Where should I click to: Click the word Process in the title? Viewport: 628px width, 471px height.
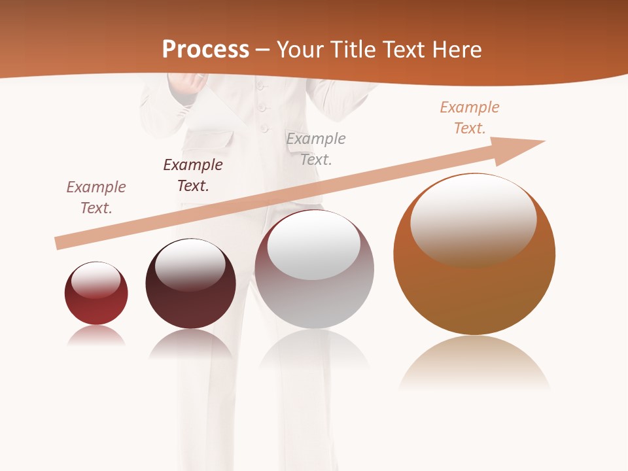(x=205, y=49)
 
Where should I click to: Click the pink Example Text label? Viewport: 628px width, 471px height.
(x=96, y=198)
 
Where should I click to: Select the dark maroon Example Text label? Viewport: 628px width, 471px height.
(x=193, y=175)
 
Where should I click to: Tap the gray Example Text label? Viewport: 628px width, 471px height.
(x=316, y=148)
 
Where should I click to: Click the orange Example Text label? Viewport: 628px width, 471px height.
(x=470, y=118)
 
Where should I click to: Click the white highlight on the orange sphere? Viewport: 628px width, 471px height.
(x=473, y=219)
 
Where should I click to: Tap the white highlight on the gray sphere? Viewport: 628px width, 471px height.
(x=314, y=245)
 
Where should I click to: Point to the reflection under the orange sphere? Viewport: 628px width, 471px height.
(x=474, y=363)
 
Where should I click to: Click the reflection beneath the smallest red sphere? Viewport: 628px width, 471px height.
(x=96, y=336)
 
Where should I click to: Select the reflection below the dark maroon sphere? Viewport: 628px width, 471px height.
(x=190, y=343)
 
